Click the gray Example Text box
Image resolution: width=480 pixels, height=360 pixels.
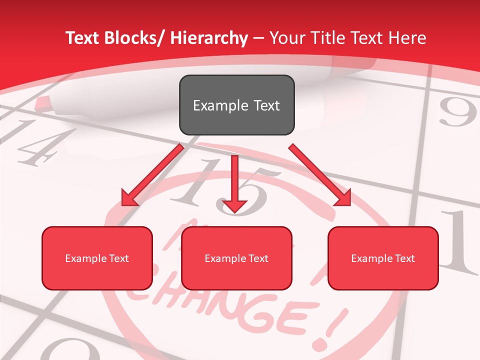pos(236,105)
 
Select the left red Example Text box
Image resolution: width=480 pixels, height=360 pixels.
pos(97,258)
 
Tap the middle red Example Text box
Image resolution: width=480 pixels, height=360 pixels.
pos(236,258)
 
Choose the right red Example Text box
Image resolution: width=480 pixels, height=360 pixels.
pos(383,258)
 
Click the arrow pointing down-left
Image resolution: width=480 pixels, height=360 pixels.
pos(152,175)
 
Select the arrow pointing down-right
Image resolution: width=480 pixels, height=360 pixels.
pos(320,175)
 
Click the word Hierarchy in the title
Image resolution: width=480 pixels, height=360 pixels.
pos(209,38)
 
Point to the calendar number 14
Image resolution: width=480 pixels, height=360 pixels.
pos(35,142)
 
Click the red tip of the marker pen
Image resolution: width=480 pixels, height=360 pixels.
pos(44,104)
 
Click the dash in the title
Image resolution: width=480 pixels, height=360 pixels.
pos(258,38)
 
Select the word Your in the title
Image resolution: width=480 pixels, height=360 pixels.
pos(286,38)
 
